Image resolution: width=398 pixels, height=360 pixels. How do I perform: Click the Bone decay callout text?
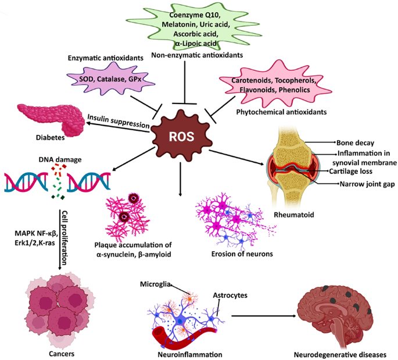pyautogui.click(x=356, y=141)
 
